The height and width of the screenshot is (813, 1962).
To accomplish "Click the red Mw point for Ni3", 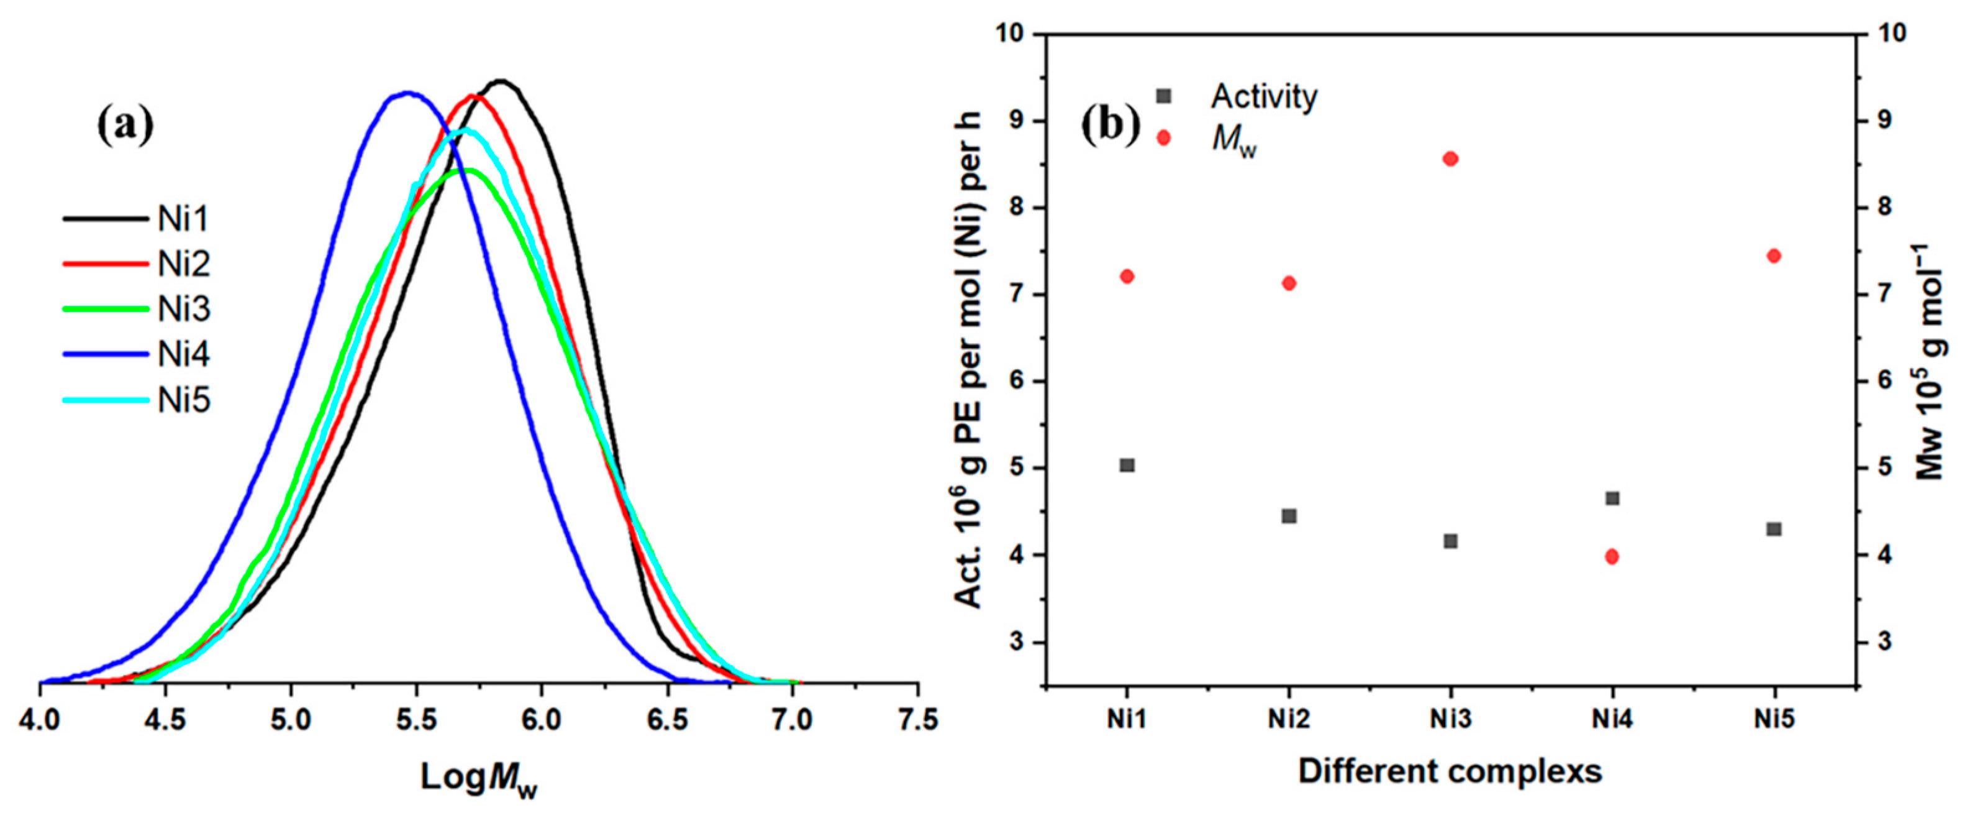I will click(x=1450, y=158).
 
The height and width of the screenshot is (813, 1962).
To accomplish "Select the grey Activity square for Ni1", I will click(x=1127, y=465).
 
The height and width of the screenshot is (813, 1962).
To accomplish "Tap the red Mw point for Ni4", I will click(x=1612, y=557).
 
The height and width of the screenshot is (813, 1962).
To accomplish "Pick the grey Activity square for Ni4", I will click(x=1612, y=498).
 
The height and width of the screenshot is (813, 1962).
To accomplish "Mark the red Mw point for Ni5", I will click(x=1774, y=255).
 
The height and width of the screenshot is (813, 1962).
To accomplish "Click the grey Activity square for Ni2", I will click(x=1289, y=516).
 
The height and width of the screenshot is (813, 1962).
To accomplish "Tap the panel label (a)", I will click(x=125, y=126).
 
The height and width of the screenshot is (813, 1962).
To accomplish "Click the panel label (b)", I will click(x=1110, y=126).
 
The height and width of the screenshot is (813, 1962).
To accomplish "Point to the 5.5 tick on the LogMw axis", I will click(x=416, y=719).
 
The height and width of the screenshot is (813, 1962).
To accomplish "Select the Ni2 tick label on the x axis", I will click(x=1289, y=719).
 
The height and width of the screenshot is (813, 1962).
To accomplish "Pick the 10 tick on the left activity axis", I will click(x=1014, y=34).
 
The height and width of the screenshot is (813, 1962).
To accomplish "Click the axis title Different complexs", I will click(x=1450, y=771).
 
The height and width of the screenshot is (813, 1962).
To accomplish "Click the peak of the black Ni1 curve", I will click(x=501, y=80).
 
